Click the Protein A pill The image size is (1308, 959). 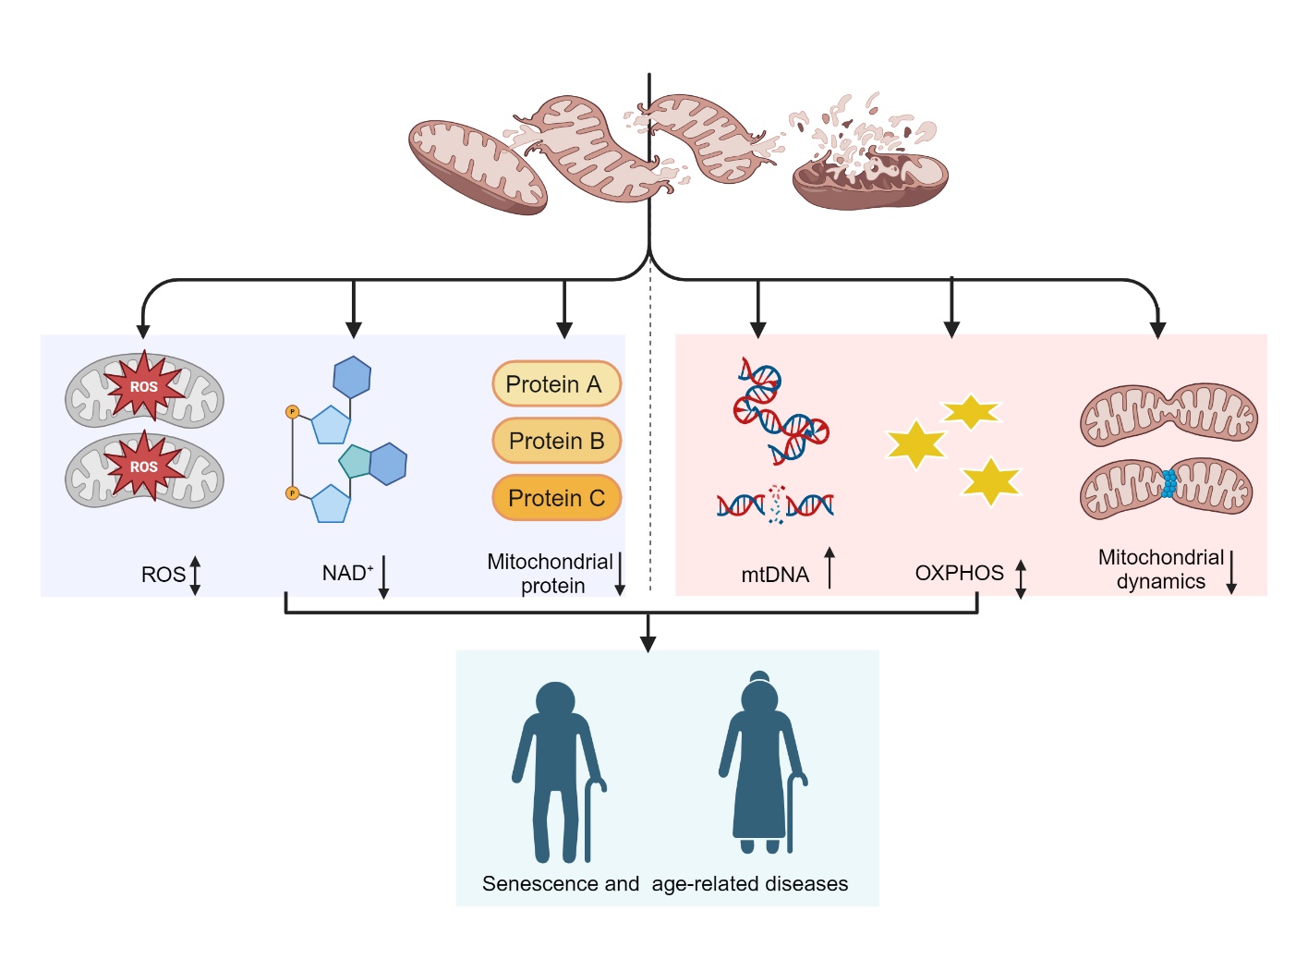(x=556, y=384)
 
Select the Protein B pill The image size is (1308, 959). (x=556, y=441)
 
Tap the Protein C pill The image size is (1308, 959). (x=556, y=498)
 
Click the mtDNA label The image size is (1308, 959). (x=775, y=575)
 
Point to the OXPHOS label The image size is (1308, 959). (x=959, y=573)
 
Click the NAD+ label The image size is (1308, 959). (x=347, y=573)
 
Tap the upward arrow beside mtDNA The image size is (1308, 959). (x=830, y=567)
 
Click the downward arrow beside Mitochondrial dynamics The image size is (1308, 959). (x=1231, y=572)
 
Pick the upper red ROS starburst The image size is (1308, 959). (x=144, y=386)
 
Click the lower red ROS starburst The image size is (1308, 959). (x=144, y=467)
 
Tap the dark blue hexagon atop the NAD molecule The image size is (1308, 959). (x=352, y=377)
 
